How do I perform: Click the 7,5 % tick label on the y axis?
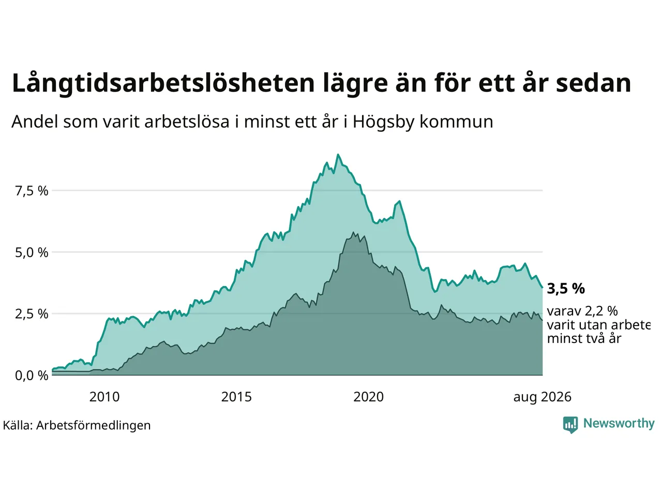(32, 191)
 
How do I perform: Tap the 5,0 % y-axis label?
(32, 253)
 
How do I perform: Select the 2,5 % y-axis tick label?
(32, 314)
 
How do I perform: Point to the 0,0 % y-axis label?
(32, 376)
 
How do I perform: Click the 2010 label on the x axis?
(104, 397)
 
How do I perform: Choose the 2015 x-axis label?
(236, 397)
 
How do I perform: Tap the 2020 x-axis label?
(368, 397)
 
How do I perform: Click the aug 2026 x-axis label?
(542, 397)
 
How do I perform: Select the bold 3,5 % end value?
(566, 288)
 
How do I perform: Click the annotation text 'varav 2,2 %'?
(582, 311)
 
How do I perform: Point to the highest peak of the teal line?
(338, 154)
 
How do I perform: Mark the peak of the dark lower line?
(353, 232)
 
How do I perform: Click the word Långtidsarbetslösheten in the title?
(163, 84)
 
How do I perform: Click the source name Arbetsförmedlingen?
(93, 426)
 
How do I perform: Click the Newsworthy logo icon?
(570, 425)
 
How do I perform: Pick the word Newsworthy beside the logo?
(619, 424)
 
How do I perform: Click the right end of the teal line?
(542, 288)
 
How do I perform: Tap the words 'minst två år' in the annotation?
(584, 339)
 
